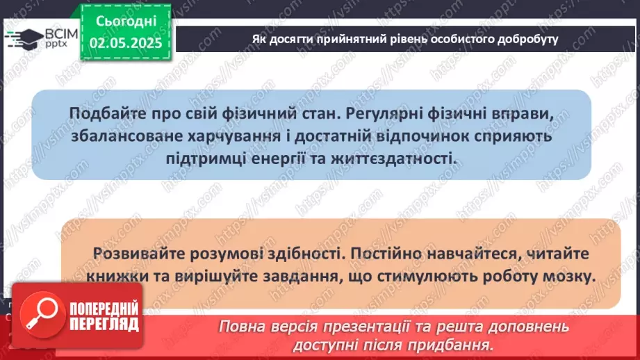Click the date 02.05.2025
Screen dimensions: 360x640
click(x=125, y=42)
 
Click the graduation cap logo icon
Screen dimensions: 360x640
click(x=23, y=38)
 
